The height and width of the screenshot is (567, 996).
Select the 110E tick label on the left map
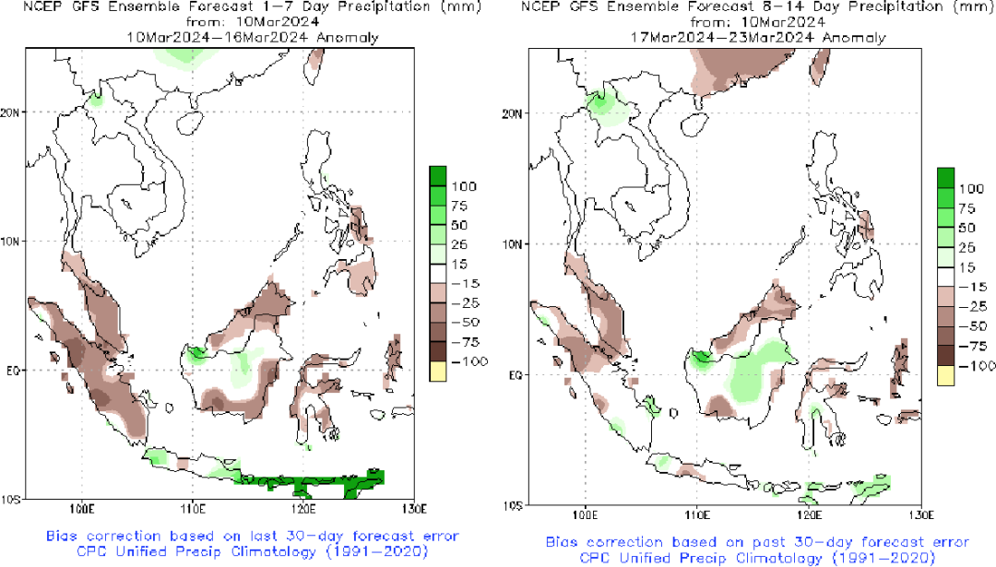click(x=192, y=508)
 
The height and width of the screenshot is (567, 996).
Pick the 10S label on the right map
click(x=512, y=505)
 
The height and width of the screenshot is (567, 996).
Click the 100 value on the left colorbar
click(x=462, y=186)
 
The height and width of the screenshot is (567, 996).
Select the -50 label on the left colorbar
click(x=462, y=323)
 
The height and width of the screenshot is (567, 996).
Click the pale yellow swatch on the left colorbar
click(x=438, y=371)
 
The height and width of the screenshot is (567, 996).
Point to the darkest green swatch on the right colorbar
click(x=946, y=177)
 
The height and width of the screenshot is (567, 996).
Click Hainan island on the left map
click(x=192, y=121)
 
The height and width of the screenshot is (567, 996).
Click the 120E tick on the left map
click(x=302, y=508)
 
